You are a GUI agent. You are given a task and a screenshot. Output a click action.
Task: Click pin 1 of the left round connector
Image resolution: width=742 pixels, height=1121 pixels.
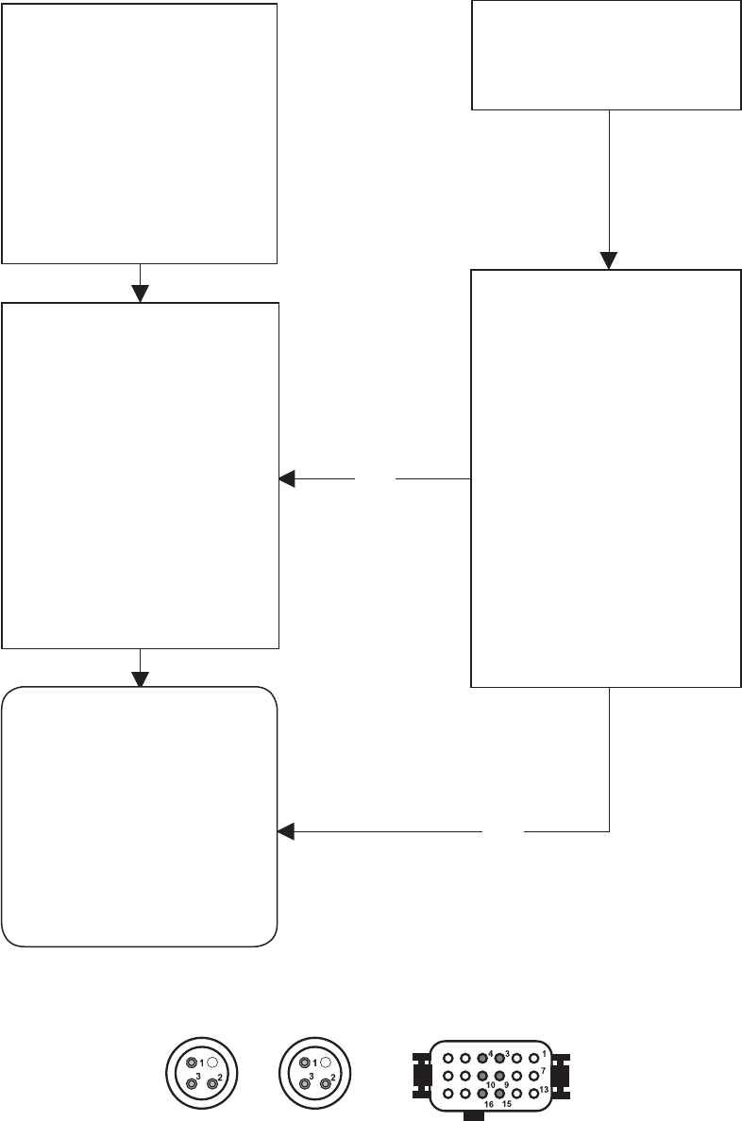coord(192,1063)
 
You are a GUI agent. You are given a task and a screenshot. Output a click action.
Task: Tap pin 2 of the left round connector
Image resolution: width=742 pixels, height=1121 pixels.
coord(212,1084)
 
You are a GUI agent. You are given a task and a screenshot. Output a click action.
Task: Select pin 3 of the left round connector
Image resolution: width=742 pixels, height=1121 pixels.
coord(192,1084)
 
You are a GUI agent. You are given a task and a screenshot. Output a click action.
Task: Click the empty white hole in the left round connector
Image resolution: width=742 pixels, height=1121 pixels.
coord(212,1063)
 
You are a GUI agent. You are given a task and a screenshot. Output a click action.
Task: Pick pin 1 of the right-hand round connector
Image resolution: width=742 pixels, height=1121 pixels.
coord(305,1063)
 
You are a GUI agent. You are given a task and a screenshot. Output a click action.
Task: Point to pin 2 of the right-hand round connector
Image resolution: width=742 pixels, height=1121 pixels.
coord(326,1084)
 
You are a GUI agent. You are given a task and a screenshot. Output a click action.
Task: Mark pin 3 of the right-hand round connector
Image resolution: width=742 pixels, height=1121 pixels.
coord(305,1084)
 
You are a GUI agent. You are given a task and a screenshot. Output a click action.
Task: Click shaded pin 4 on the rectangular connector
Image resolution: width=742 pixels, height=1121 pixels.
coord(482,1058)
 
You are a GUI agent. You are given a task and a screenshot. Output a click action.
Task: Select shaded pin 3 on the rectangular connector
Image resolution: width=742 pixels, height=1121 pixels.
coord(499,1058)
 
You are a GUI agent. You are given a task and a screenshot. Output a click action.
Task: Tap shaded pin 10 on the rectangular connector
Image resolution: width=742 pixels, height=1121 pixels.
coord(482,1076)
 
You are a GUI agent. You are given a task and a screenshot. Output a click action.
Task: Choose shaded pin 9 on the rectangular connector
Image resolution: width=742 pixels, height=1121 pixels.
coord(499,1076)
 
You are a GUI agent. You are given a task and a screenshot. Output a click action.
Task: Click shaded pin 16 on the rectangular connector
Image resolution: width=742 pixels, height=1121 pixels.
coord(482,1093)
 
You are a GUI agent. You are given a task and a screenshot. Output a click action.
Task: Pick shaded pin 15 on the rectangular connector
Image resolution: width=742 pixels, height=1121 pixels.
coord(499,1093)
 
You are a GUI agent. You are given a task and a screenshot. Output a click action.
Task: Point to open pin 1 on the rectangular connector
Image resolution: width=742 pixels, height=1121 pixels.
coord(533,1058)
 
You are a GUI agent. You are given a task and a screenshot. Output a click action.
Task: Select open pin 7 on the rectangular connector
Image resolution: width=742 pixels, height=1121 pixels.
coord(533,1076)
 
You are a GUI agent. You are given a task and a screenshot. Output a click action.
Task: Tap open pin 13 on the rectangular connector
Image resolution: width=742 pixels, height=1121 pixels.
coord(533,1093)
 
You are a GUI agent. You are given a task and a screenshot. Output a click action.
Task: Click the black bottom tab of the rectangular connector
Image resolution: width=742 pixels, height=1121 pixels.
coord(474,1115)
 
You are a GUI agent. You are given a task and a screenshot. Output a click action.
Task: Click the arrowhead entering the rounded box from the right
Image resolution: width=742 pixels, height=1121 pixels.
coord(285,831)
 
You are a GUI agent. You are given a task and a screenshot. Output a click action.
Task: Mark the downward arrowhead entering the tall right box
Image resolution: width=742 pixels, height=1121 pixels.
coord(609,261)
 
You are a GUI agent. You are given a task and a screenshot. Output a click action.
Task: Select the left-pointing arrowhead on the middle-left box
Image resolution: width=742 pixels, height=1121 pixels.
coord(286,478)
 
